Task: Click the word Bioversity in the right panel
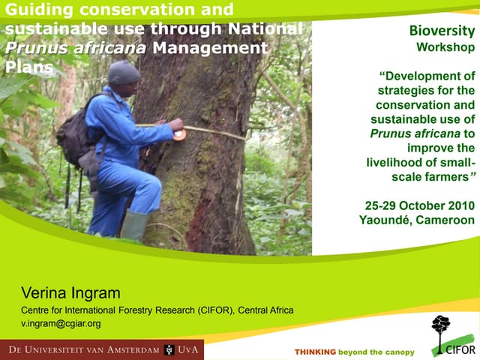tap(442, 31)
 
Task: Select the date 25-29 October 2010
tap(419, 205)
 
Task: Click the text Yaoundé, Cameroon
tap(418, 220)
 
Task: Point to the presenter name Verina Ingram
tap(70, 292)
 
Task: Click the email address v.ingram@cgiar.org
tap(61, 324)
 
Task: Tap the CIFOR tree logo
tap(441, 330)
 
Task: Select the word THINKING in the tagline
tap(315, 352)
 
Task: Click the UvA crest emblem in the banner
tap(169, 350)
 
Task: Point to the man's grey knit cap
tap(124, 73)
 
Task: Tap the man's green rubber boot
tap(135, 225)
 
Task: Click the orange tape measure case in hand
tap(179, 135)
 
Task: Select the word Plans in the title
tap(28, 66)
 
